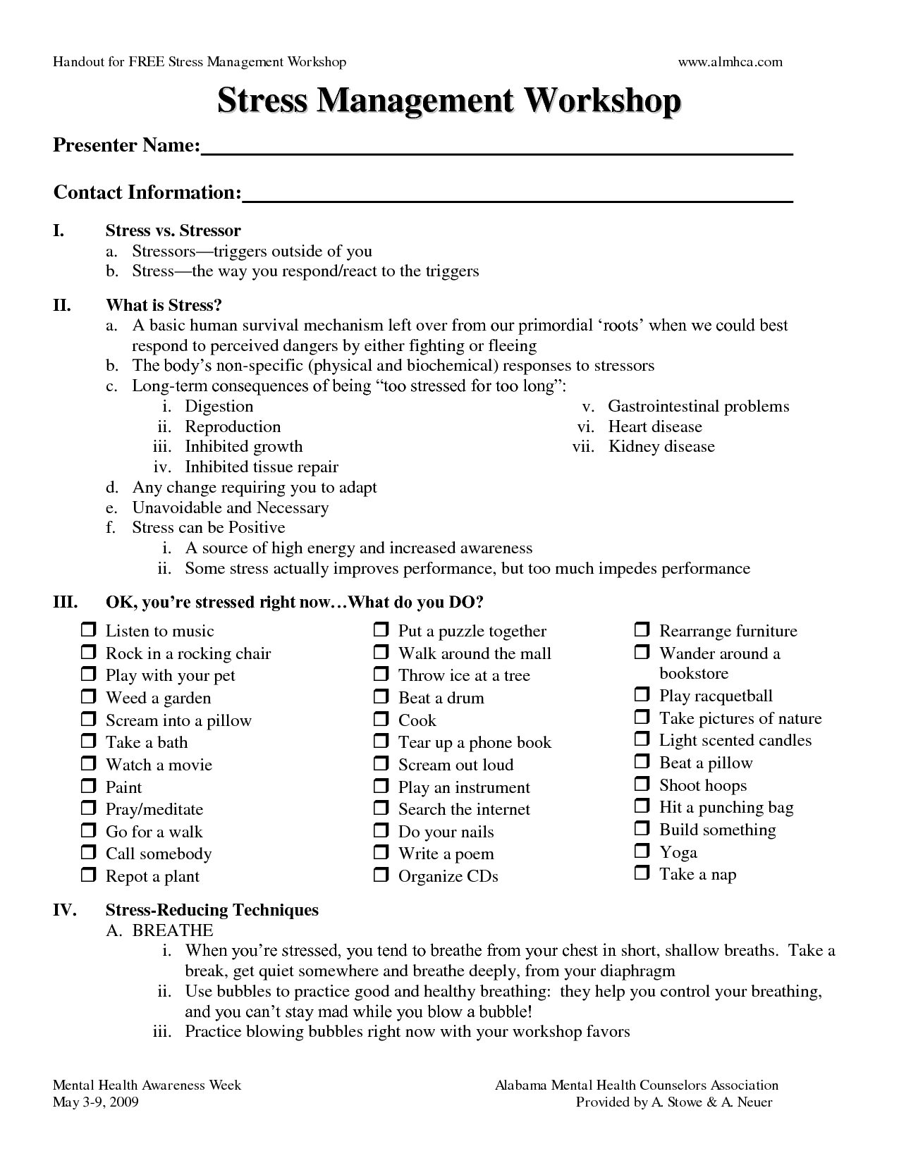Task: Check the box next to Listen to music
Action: click(88, 629)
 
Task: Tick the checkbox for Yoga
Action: click(642, 851)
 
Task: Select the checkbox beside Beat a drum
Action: click(381, 697)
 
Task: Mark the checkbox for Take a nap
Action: click(642, 873)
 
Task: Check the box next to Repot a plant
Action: click(88, 875)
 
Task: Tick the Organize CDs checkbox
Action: click(381, 875)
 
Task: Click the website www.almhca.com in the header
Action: click(730, 62)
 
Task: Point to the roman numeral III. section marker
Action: click(63, 603)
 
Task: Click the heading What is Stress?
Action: click(164, 305)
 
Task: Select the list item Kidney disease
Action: click(661, 447)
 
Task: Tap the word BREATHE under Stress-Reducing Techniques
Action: click(173, 930)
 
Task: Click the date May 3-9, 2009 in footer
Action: click(96, 1102)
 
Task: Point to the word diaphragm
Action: click(637, 971)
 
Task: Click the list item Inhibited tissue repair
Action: click(261, 467)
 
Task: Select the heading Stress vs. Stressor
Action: click(173, 230)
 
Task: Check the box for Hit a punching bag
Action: click(642, 806)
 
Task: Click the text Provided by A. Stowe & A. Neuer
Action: click(673, 1102)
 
